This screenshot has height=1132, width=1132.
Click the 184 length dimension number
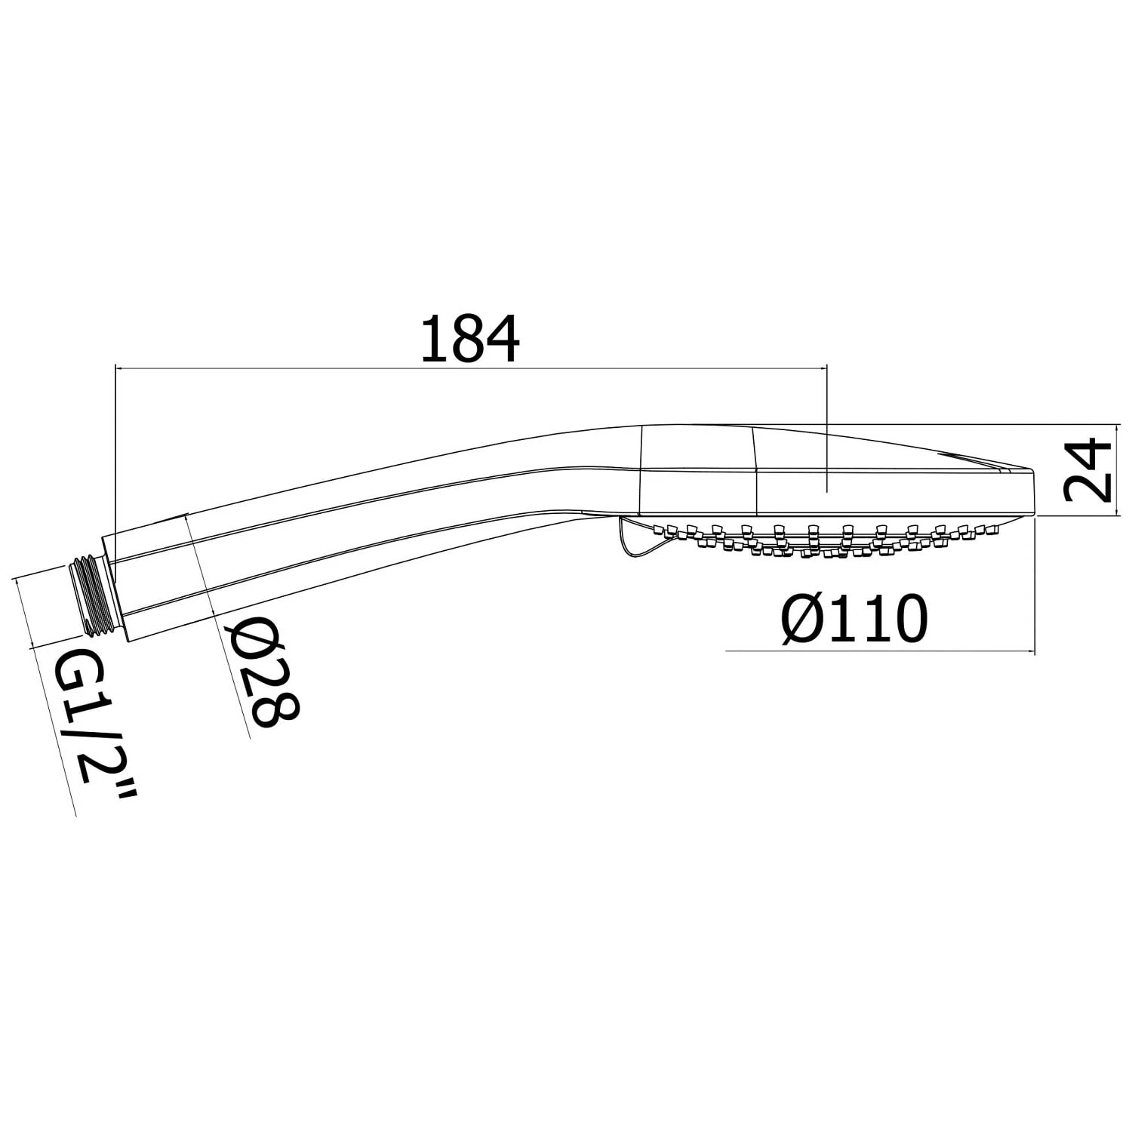pos(469,340)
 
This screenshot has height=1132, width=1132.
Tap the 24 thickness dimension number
pos(1087,472)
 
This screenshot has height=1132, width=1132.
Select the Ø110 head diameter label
pos(854,619)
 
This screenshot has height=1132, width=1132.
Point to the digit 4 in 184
pos(500,340)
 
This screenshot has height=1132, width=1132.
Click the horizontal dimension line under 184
pos(468,368)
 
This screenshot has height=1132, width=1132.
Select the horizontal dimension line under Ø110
pos(875,651)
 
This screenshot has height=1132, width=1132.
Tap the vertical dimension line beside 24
pos(1118,469)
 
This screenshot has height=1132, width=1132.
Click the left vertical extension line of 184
pos(114,453)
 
